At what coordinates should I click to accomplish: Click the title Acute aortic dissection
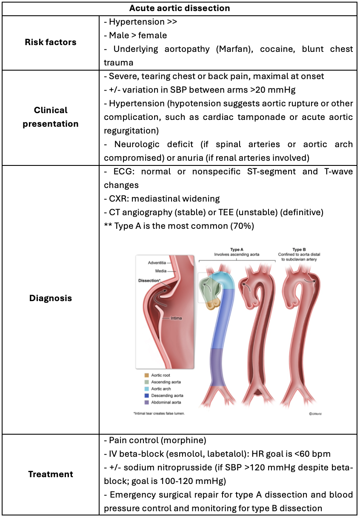(180, 8)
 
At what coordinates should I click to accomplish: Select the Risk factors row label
(50, 42)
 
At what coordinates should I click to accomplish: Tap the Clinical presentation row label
(50, 117)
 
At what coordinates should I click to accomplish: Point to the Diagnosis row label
(50, 298)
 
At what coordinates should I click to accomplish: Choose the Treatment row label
(50, 474)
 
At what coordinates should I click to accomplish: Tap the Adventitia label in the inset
(157, 262)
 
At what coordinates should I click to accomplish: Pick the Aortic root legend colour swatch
(146, 375)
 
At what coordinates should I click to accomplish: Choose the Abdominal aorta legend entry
(167, 402)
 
